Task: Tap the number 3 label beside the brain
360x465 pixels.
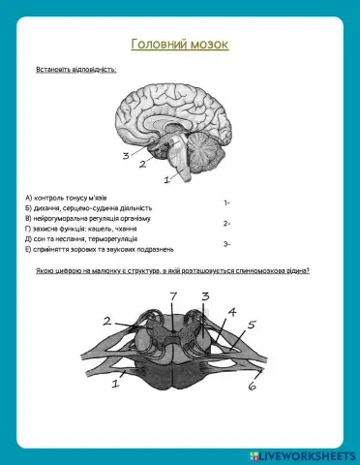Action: point(125,155)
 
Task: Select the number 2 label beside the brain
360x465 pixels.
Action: point(142,165)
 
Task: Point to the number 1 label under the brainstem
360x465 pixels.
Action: point(167,178)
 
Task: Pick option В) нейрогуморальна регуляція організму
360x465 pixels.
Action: point(88,218)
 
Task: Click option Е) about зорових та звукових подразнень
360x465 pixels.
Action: point(99,249)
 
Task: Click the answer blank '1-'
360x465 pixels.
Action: point(226,203)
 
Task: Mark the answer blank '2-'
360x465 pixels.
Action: point(226,224)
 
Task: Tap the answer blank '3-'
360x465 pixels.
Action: point(226,244)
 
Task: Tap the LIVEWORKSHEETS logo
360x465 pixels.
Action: point(303,453)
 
